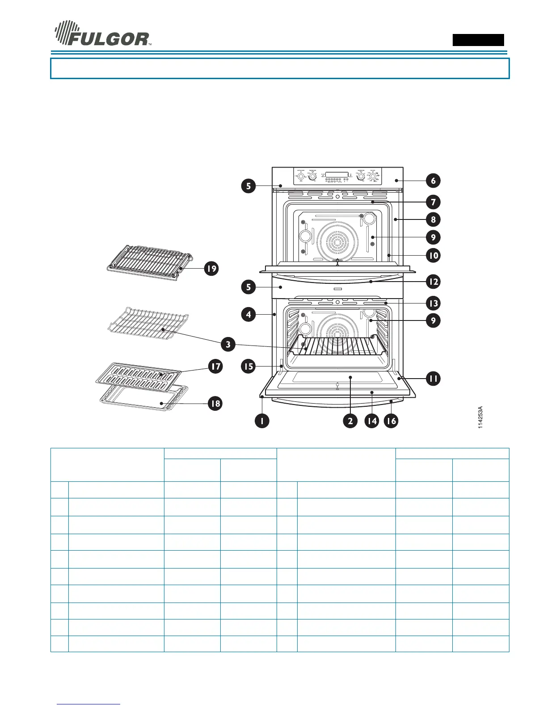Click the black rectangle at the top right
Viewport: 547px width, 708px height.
(478, 40)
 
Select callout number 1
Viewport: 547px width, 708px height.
(262, 421)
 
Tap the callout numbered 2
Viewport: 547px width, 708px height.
(350, 421)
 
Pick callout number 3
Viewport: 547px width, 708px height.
(228, 345)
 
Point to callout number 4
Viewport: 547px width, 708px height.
(249, 314)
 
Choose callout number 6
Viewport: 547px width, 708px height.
(433, 181)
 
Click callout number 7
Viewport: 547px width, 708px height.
(433, 202)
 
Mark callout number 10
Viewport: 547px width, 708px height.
(433, 255)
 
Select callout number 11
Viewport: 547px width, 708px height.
(433, 379)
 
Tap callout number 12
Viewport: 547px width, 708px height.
(433, 282)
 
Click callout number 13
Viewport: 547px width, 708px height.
(433, 303)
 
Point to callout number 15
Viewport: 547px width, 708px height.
(248, 367)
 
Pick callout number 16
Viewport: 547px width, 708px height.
(391, 421)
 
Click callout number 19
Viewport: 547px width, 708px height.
(211, 269)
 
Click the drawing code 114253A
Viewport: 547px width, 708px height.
(480, 417)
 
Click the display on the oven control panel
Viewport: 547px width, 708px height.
(337, 174)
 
